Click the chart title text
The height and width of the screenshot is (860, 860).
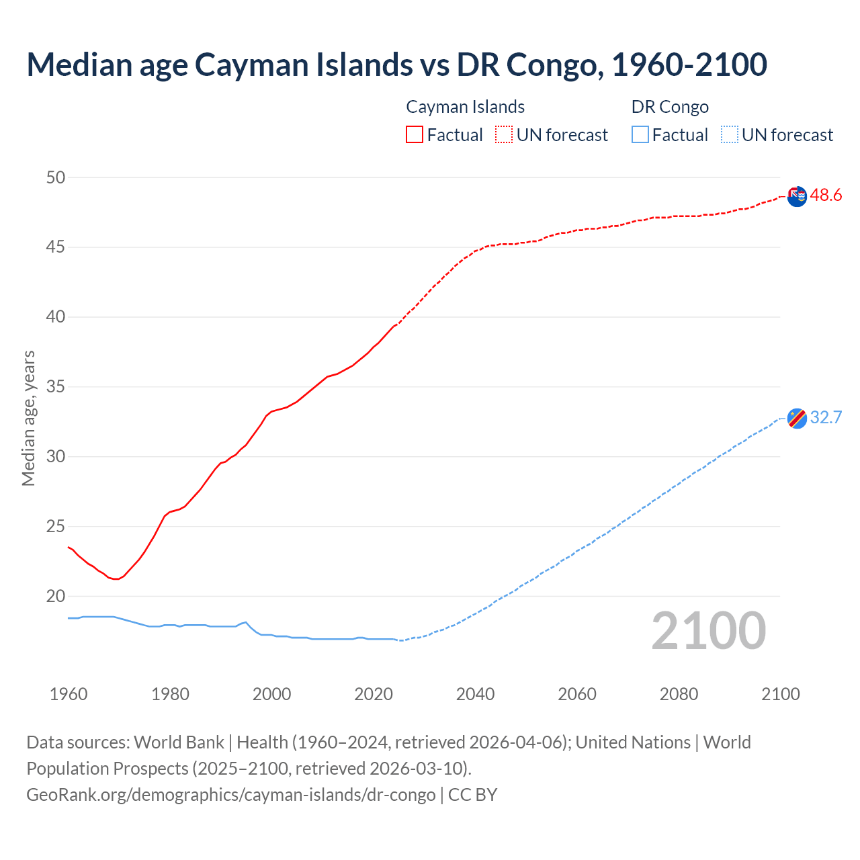[396, 64]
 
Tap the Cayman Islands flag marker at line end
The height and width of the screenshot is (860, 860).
[797, 197]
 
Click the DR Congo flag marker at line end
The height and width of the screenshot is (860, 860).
[797, 418]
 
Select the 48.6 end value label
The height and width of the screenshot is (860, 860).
[826, 196]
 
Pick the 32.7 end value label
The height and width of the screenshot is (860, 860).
[826, 418]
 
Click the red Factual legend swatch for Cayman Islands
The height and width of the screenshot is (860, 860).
[415, 134]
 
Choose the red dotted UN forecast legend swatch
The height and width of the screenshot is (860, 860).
[504, 134]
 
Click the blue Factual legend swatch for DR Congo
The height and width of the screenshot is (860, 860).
[640, 134]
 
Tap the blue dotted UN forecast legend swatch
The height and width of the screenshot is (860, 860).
[729, 134]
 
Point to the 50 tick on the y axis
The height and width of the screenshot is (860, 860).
[56, 177]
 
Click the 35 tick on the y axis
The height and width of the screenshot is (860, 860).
[56, 386]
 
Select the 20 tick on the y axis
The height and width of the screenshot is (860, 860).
[56, 596]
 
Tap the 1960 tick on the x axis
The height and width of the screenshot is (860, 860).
[69, 694]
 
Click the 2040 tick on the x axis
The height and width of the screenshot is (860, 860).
[475, 694]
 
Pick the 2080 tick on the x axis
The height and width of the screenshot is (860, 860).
[679, 694]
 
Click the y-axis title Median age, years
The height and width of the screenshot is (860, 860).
[28, 418]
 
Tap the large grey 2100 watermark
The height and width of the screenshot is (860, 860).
[708, 630]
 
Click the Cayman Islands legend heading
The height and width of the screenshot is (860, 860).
[465, 107]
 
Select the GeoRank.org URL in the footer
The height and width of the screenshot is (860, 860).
[231, 795]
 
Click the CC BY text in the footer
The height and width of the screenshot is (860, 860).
[472, 795]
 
